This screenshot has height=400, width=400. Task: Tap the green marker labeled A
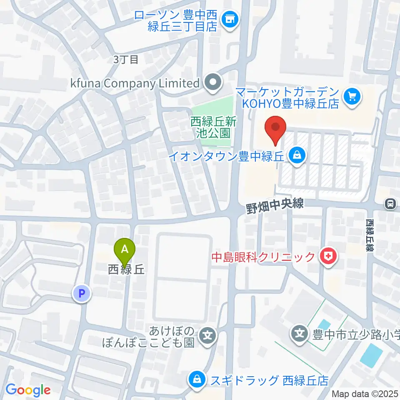pyautogui.click(x=125, y=250)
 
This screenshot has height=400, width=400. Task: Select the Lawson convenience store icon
pyautogui.click(x=229, y=19)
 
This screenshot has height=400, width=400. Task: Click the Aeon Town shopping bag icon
pyautogui.click(x=297, y=156)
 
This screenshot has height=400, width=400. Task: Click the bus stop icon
pyautogui.click(x=390, y=203)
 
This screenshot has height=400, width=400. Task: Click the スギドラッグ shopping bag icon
pyautogui.click(x=195, y=379)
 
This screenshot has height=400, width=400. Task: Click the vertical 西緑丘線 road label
pyautogui.click(x=370, y=235)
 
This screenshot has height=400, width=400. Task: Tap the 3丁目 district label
pyautogui.click(x=126, y=60)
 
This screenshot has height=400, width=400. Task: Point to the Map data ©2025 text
pyautogui.click(x=365, y=394)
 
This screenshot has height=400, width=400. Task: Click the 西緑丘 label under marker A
pyautogui.click(x=126, y=270)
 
